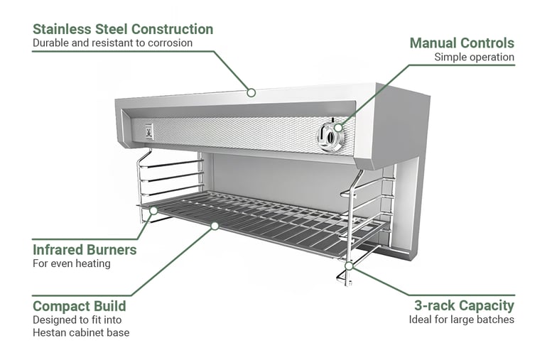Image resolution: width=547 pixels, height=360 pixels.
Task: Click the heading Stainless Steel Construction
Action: pyautogui.click(x=123, y=29)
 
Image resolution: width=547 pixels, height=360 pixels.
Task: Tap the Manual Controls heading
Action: pyautogui.click(x=462, y=43)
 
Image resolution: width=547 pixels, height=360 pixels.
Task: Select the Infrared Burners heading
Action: pyautogui.click(x=85, y=250)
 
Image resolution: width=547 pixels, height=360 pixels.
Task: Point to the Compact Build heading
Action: pyautogui.click(x=80, y=306)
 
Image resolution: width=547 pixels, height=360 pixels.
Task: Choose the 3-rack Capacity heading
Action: pyautogui.click(x=464, y=305)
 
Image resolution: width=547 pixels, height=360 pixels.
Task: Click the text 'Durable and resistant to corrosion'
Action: pyautogui.click(x=112, y=43)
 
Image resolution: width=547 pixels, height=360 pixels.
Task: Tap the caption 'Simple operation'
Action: pyautogui.click(x=474, y=57)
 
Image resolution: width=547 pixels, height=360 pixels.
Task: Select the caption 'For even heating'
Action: pyautogui.click(x=71, y=264)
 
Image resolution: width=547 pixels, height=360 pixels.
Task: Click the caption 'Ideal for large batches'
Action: pyautogui.click(x=461, y=320)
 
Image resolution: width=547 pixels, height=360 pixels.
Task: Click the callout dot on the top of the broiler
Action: pyautogui.click(x=251, y=92)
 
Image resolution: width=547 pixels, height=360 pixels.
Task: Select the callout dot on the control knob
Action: pyautogui.click(x=337, y=128)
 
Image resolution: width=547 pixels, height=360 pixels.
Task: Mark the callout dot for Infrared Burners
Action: pyautogui.click(x=152, y=210)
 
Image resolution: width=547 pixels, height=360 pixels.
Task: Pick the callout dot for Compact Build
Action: pyautogui.click(x=213, y=226)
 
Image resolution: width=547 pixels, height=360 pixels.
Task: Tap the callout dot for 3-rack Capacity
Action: pyautogui.click(x=350, y=266)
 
